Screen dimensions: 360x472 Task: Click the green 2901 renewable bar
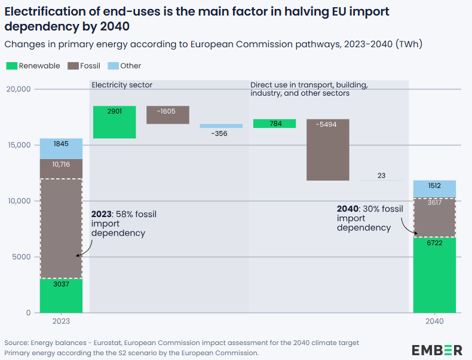pyautogui.click(x=114, y=123)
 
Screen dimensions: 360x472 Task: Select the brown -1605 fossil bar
pyautogui.click(x=168, y=115)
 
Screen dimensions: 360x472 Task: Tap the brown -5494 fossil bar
pyautogui.click(x=328, y=150)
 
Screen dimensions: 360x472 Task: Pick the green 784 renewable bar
pyautogui.click(x=274, y=124)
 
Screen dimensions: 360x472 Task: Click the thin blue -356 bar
pyautogui.click(x=221, y=126)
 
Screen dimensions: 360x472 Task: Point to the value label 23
pyautogui.click(x=382, y=176)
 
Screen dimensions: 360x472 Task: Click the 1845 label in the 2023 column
pyautogui.click(x=61, y=144)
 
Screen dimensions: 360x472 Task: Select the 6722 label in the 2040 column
pyautogui.click(x=434, y=244)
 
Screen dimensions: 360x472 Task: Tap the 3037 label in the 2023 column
pyautogui.click(x=61, y=285)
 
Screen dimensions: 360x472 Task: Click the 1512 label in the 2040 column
pyautogui.click(x=434, y=186)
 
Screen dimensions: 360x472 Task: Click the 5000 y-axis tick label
pyautogui.click(x=21, y=257)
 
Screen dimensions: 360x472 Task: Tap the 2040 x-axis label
pyautogui.click(x=434, y=321)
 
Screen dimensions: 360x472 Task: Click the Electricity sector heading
pyautogui.click(x=122, y=85)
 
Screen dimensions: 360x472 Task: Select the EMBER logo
pyautogui.click(x=437, y=350)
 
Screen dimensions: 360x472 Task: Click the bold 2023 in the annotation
pyautogui.click(x=102, y=214)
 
